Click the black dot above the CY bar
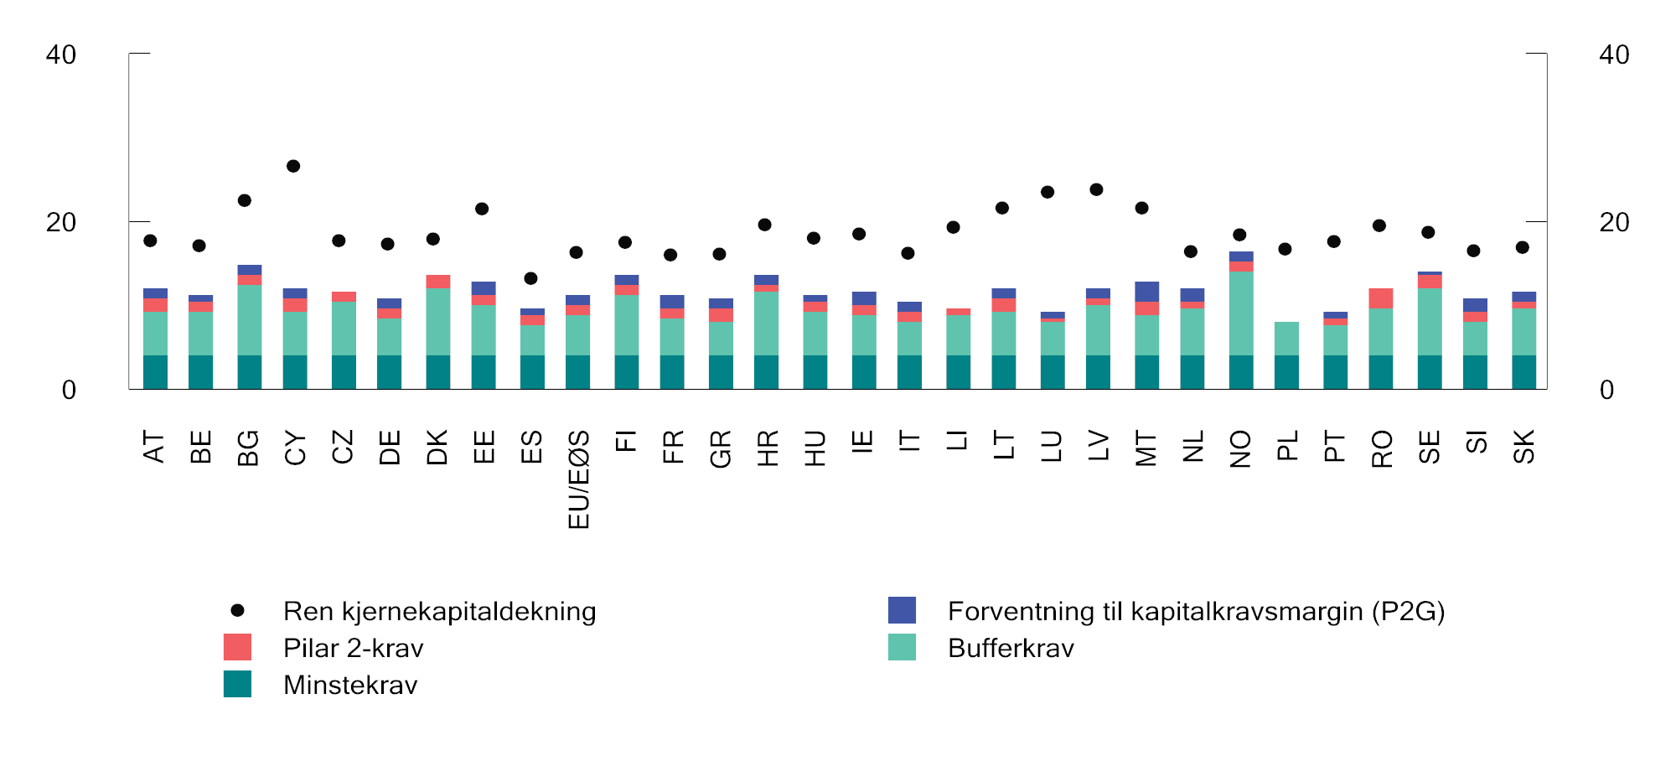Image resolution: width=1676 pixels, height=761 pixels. tap(293, 166)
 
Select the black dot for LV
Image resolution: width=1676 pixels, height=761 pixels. tap(1096, 189)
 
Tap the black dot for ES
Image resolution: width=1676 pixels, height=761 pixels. tap(530, 278)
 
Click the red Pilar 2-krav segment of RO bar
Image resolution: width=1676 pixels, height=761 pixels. tap(1381, 298)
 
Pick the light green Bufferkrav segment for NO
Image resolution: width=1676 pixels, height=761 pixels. tap(1241, 313)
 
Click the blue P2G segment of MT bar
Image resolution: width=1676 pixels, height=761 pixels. tap(1146, 292)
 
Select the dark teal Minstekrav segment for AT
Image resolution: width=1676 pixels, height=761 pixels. tap(155, 372)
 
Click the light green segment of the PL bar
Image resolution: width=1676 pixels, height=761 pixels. tap(1286, 339)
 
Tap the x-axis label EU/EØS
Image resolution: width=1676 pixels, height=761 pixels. tap(579, 479)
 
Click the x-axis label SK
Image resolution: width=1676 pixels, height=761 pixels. tap(1523, 446)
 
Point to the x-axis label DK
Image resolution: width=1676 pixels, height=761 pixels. tap(437, 447)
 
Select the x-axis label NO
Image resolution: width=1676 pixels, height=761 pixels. tap(1240, 448)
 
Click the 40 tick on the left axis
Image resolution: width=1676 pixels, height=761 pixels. tap(61, 54)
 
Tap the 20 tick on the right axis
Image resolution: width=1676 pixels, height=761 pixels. tap(1614, 222)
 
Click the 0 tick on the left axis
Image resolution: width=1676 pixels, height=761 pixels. tap(69, 390)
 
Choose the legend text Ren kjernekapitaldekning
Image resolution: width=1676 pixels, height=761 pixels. tap(439, 611)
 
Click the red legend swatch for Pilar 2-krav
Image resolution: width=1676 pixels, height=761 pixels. tap(237, 647)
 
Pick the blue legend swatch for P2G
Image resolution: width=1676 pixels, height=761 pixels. tap(902, 610)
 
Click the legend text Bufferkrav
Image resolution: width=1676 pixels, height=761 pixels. tap(1011, 648)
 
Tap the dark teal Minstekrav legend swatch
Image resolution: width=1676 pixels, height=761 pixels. tap(237, 684)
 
